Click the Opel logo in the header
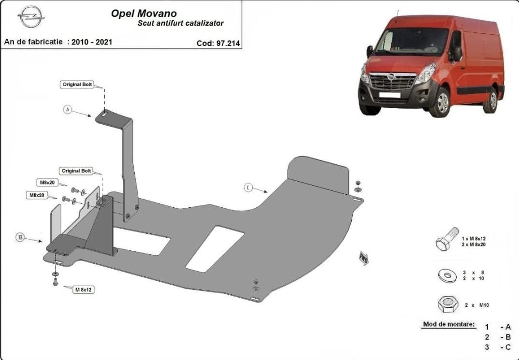point(31,16)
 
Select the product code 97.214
point(228,43)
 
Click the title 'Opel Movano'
point(144,13)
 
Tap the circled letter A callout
point(68,110)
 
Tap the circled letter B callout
point(20,237)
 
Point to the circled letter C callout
point(248,188)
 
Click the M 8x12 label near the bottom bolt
point(84,289)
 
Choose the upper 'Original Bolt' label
point(77,85)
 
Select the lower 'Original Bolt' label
point(76,171)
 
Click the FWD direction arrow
point(363,259)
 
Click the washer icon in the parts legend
point(447,275)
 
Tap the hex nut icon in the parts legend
point(447,304)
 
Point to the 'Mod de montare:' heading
point(448,324)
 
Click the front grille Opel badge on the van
point(391,77)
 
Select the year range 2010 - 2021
point(92,42)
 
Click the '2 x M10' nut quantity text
point(476,305)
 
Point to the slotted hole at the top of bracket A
point(104,114)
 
